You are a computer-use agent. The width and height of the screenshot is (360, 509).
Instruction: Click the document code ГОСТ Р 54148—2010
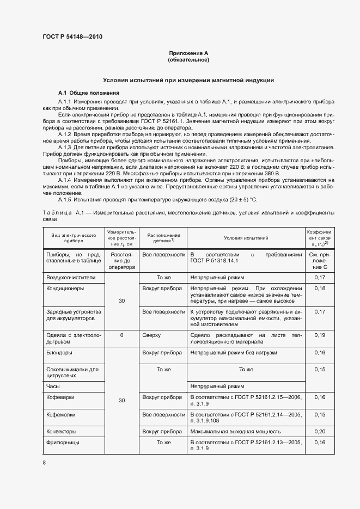click(x=72, y=37)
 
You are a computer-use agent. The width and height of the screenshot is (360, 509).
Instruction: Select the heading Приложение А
click(x=188, y=53)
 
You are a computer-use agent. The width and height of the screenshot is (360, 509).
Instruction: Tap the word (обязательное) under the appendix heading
click(x=188, y=59)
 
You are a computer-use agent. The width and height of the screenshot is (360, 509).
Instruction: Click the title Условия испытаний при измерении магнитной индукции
click(x=188, y=80)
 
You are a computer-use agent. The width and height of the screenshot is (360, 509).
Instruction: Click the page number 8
click(x=44, y=462)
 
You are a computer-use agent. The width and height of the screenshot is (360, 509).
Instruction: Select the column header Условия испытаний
click(x=246, y=238)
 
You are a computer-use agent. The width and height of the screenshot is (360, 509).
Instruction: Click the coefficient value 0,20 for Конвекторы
click(x=320, y=431)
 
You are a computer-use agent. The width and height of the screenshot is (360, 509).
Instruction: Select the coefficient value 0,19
click(x=320, y=335)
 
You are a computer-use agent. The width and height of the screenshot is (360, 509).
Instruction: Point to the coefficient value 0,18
click(x=320, y=289)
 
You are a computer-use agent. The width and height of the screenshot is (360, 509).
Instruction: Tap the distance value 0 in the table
click(x=121, y=335)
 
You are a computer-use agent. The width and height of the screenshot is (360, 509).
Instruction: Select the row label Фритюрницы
click(x=63, y=442)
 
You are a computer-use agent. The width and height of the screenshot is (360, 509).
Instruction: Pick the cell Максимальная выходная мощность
click(x=230, y=431)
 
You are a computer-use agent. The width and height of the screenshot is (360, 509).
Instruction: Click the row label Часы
click(x=53, y=386)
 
